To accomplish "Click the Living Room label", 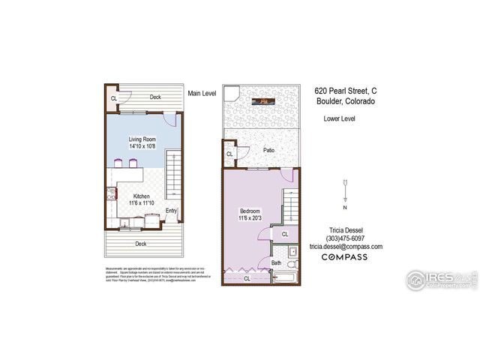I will pos(142,139).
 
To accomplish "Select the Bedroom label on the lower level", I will pos(250,211).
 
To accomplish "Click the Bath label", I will pos(276,262).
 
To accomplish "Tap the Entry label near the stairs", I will pos(172,211).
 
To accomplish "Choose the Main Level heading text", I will pos(202,93).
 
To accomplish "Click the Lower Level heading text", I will pos(339,118).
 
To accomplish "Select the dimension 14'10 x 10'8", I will pos(142,147).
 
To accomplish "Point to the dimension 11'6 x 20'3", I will pos(250,218).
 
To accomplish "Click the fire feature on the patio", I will pos(265,100).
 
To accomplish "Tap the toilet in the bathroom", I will pos(292,263).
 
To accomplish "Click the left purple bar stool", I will pos(118,163).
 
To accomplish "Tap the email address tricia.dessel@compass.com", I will pos(346,247).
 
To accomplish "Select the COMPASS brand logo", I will pos(345,257).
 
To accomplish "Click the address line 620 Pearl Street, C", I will pos(345,90).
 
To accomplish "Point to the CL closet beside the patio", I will pos(229,155).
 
